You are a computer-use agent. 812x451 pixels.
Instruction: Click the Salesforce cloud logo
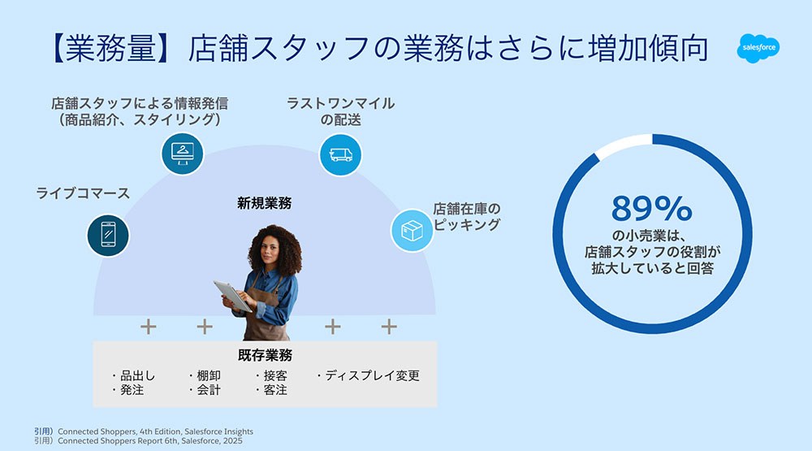[758, 48]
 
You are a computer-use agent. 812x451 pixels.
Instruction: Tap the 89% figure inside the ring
[651, 208]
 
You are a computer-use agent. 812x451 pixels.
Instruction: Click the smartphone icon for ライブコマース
[108, 236]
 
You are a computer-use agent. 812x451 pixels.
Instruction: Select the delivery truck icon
[340, 154]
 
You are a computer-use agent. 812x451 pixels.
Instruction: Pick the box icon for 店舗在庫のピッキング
[412, 231]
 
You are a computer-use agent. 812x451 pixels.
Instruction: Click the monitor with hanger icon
[182, 154]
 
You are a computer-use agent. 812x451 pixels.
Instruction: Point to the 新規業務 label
[264, 202]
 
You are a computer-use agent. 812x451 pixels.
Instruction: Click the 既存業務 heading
[266, 355]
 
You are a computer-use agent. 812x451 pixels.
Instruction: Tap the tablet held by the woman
[232, 296]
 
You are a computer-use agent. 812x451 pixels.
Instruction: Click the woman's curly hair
[274, 244]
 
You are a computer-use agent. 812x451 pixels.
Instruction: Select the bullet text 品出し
[133, 375]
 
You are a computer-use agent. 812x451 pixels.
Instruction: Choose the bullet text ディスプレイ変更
[368, 375]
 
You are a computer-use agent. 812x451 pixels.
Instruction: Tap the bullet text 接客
[271, 375]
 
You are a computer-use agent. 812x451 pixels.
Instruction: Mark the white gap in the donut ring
[624, 145]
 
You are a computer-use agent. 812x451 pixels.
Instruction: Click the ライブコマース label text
[83, 193]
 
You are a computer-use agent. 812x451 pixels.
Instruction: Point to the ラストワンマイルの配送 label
[340, 111]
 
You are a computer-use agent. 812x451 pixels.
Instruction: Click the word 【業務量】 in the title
[110, 48]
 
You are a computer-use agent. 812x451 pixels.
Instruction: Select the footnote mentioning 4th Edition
[144, 431]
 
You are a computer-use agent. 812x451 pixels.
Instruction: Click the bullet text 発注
[127, 390]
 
